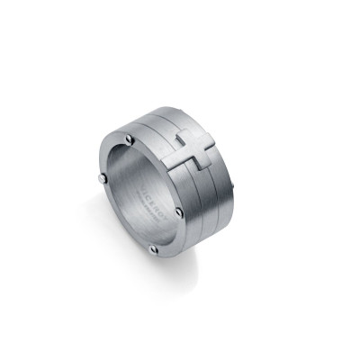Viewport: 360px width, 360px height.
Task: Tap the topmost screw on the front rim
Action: click(130, 140)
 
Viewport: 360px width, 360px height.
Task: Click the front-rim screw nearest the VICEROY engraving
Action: click(180, 211)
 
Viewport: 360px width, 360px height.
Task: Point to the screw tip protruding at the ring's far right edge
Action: click(233, 187)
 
